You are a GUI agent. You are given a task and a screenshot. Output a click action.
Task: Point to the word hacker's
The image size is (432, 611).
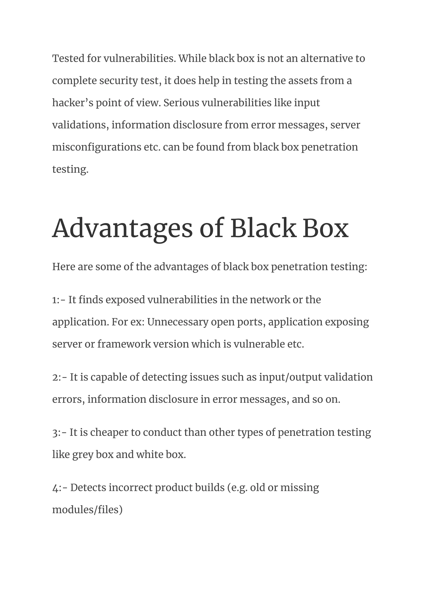(x=73, y=103)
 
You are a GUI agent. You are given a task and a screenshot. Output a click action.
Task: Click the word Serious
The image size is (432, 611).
(x=181, y=103)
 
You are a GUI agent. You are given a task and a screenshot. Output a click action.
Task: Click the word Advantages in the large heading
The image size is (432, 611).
(x=122, y=229)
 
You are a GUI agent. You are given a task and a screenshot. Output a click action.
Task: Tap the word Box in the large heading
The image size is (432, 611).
(x=325, y=229)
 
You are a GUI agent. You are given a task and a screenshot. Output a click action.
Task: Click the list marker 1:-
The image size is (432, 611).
(x=59, y=300)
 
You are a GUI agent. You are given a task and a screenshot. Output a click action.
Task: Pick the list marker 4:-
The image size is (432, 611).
(x=60, y=488)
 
